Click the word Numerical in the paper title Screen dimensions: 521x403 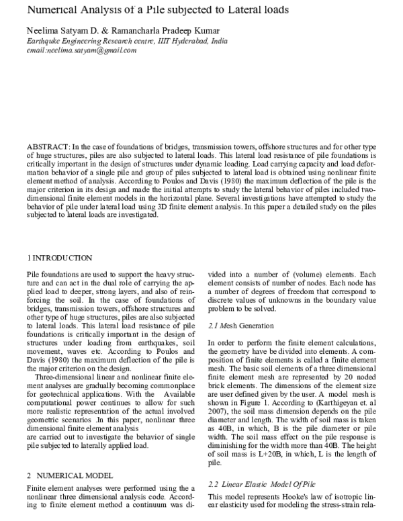pyautogui.click(x=54, y=10)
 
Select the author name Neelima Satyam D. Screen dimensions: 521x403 pyautogui.click(x=62, y=31)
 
